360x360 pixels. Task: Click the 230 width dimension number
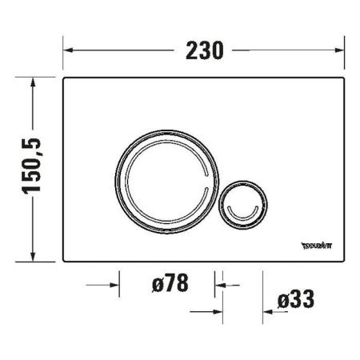point(203,50)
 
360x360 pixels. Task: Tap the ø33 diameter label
point(295,300)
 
